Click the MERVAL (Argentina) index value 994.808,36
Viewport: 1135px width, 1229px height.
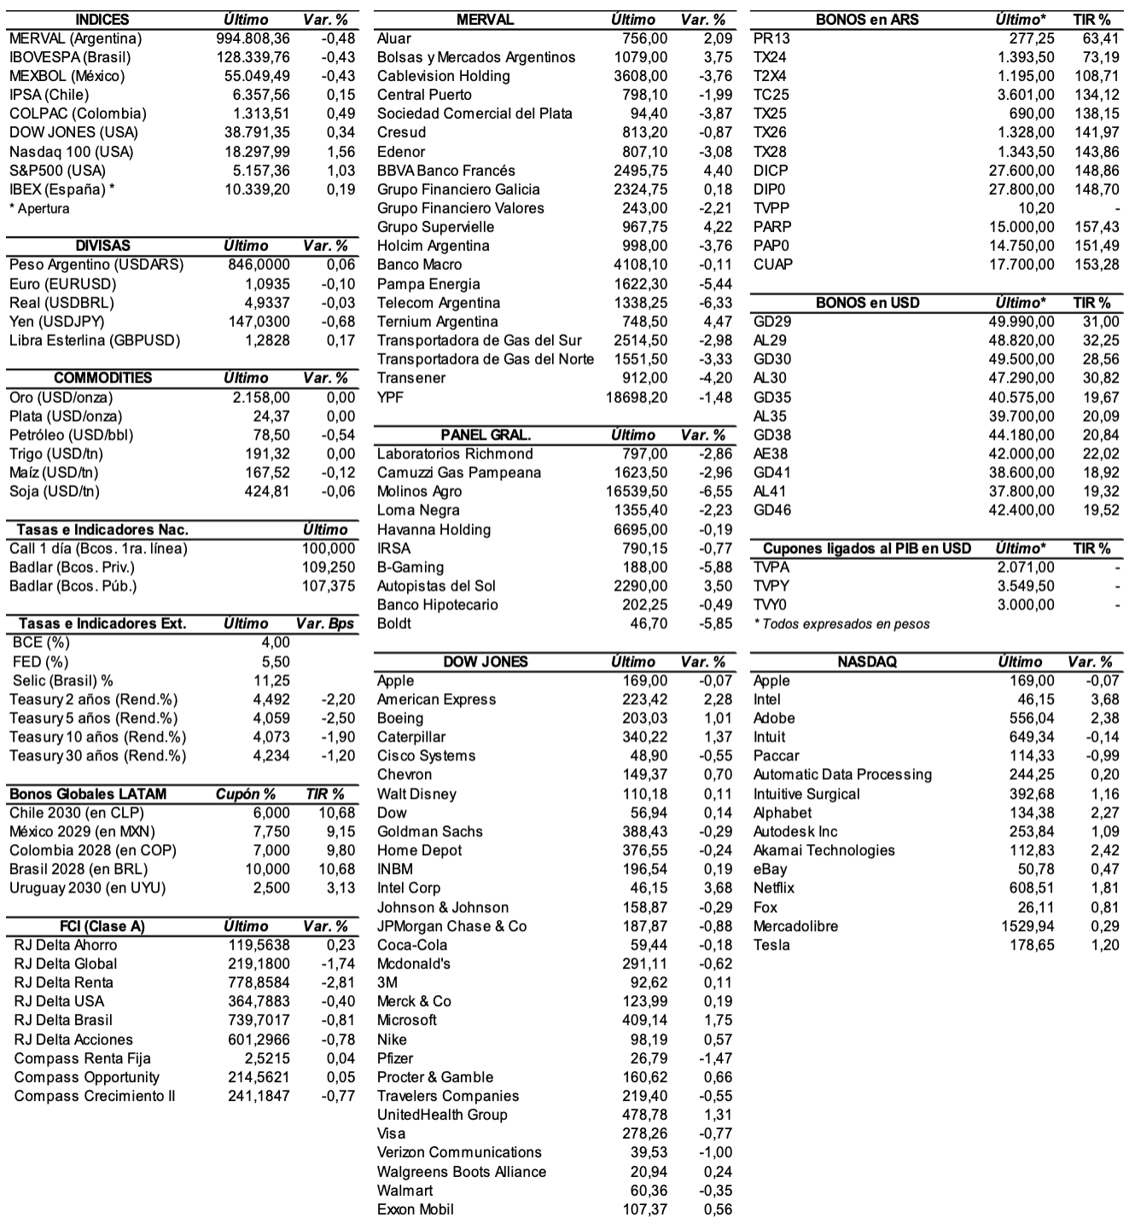tap(253, 38)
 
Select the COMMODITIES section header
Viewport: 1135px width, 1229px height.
tap(102, 378)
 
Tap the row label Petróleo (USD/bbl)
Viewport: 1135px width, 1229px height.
tap(72, 435)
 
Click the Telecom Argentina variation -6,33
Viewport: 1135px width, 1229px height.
tap(713, 303)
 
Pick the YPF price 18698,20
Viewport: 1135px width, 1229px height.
tap(637, 398)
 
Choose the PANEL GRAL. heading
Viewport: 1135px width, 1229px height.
tap(486, 435)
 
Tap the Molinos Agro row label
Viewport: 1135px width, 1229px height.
tap(419, 492)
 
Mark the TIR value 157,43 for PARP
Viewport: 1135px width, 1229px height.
tap(1097, 227)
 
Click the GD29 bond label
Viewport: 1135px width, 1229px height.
tap(772, 322)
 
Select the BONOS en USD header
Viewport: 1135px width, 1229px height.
tap(867, 303)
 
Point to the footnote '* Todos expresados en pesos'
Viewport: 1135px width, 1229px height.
tap(841, 624)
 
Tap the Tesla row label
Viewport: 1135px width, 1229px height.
tap(771, 945)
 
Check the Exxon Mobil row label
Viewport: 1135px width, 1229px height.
tap(416, 1209)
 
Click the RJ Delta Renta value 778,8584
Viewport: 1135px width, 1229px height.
tap(259, 982)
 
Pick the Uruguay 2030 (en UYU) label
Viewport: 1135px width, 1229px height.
tap(88, 888)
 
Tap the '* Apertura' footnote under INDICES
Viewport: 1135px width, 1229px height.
tap(39, 209)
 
